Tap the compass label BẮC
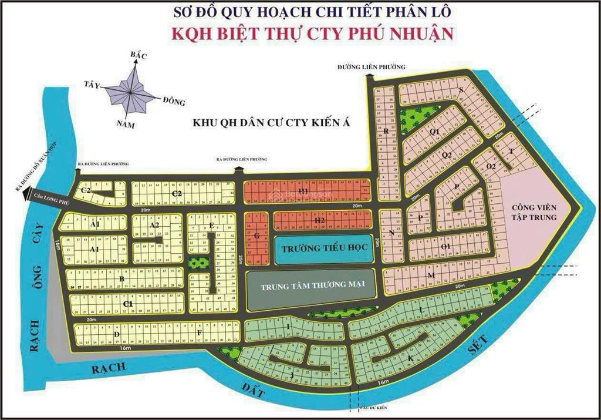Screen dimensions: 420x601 pyautogui.click(x=138, y=56)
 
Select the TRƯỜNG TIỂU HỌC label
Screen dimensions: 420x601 pyautogui.click(x=324, y=248)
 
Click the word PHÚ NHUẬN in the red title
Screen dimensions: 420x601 pyautogui.click(x=411, y=32)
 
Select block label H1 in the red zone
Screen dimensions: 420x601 pyautogui.click(x=303, y=191)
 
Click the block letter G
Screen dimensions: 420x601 pyautogui.click(x=256, y=236)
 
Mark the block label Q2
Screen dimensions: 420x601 pyautogui.click(x=447, y=155)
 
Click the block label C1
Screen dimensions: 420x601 pyautogui.click(x=128, y=303)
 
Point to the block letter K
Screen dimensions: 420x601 pyautogui.click(x=410, y=358)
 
